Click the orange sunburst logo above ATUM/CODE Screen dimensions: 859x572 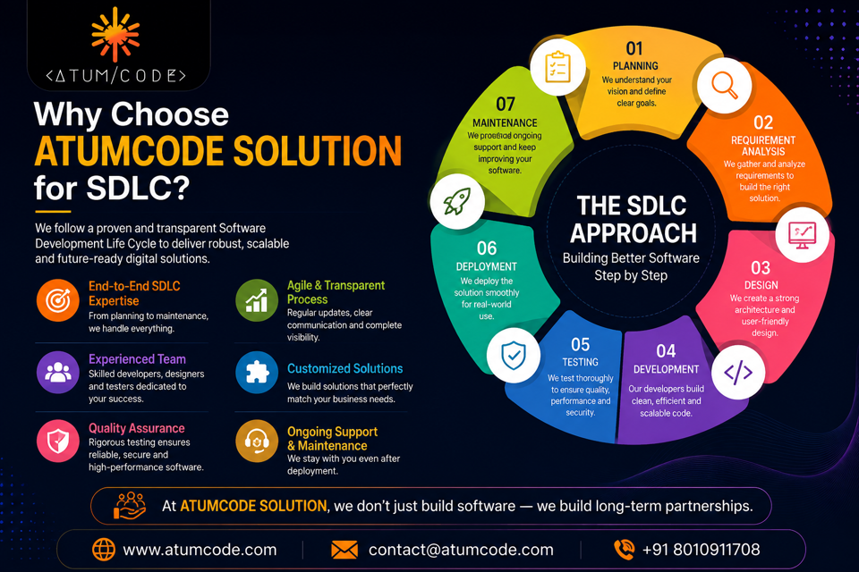click(115, 34)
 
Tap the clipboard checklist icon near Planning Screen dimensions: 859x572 click(557, 67)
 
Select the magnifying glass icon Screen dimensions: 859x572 click(724, 86)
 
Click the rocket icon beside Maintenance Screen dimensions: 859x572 click(457, 201)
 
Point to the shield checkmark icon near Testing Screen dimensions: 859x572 click(514, 355)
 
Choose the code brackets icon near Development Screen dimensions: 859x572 click(738, 372)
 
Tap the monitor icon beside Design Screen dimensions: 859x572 click(802, 234)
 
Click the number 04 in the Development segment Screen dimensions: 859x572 click(666, 351)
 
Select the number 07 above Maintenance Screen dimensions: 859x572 click(505, 104)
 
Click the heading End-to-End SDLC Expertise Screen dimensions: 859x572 click(134, 293)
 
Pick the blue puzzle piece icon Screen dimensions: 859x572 click(257, 372)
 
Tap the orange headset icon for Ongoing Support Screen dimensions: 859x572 click(257, 441)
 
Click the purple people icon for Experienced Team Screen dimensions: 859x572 click(58, 372)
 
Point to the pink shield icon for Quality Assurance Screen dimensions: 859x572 click(58, 441)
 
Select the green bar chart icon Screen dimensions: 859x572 click(257, 300)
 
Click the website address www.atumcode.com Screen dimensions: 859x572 click(200, 550)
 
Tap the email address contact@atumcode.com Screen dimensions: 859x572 click(461, 550)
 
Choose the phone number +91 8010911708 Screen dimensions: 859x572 click(701, 550)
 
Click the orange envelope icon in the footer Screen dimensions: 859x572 click(344, 550)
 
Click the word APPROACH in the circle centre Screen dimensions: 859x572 click(634, 233)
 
